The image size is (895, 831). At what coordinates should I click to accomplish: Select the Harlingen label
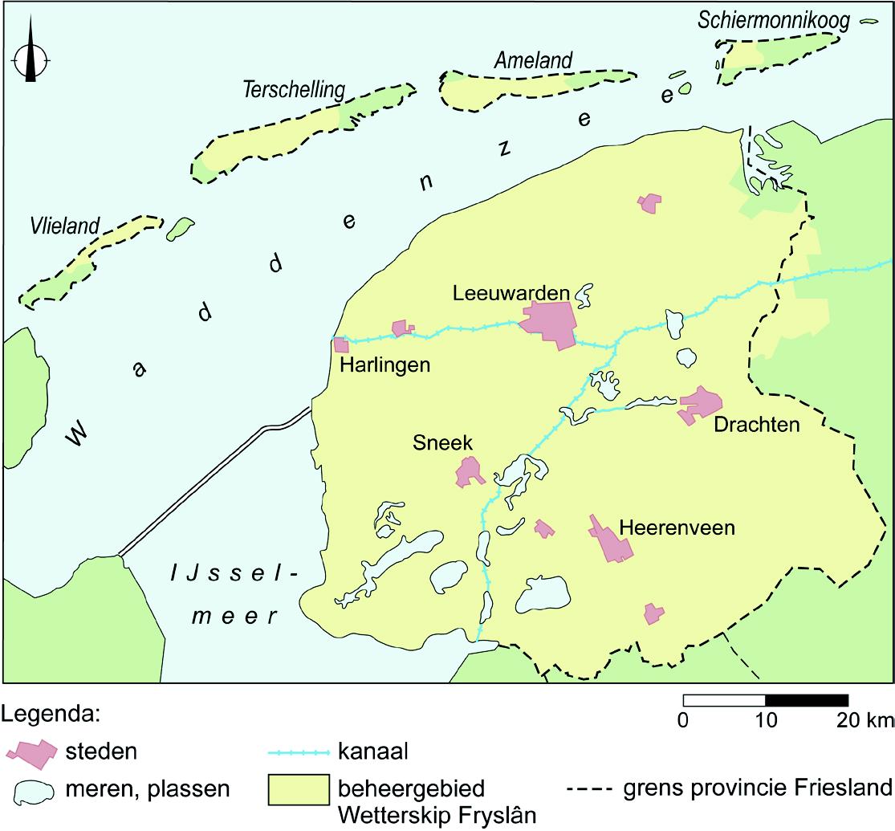point(385,365)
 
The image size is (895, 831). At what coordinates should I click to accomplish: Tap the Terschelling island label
point(293,90)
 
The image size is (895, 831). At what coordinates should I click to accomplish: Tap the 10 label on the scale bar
point(766,719)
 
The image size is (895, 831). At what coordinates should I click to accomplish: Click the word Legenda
point(51,712)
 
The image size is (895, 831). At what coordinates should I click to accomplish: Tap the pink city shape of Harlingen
point(341,344)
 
